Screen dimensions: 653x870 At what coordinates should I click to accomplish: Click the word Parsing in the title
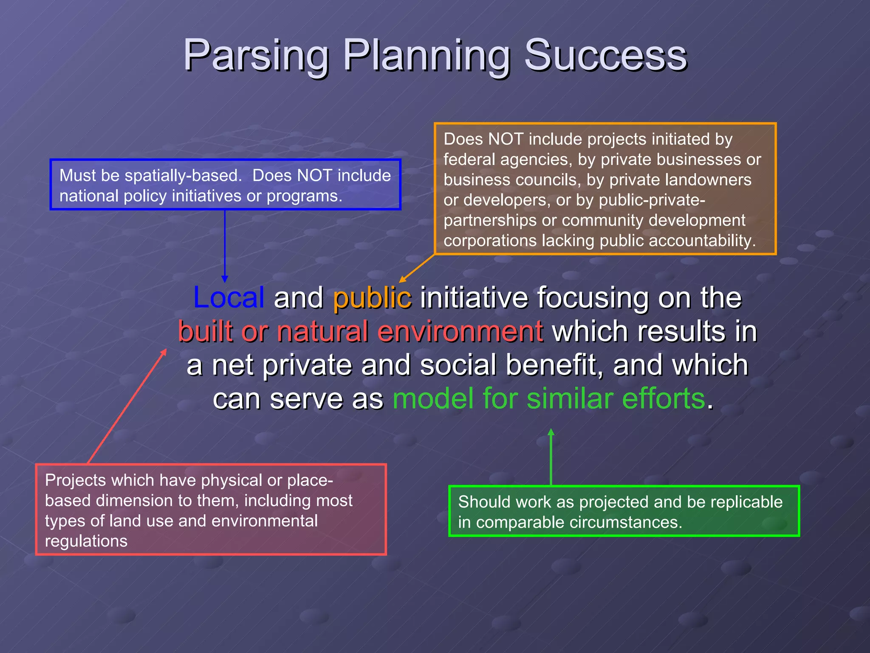click(256, 55)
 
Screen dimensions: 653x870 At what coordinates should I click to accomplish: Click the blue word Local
click(229, 297)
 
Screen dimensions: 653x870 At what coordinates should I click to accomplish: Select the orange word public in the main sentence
click(372, 297)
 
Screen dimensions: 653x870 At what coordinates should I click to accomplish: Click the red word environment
click(460, 331)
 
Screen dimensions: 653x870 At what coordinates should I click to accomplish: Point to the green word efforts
click(663, 399)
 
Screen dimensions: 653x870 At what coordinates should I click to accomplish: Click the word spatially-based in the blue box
click(183, 176)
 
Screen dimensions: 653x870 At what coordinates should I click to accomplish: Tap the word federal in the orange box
click(469, 159)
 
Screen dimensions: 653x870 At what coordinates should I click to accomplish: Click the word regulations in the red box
click(86, 541)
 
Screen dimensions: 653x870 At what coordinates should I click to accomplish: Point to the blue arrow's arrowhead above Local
click(225, 279)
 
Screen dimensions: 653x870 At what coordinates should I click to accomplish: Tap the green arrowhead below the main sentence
click(551, 432)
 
